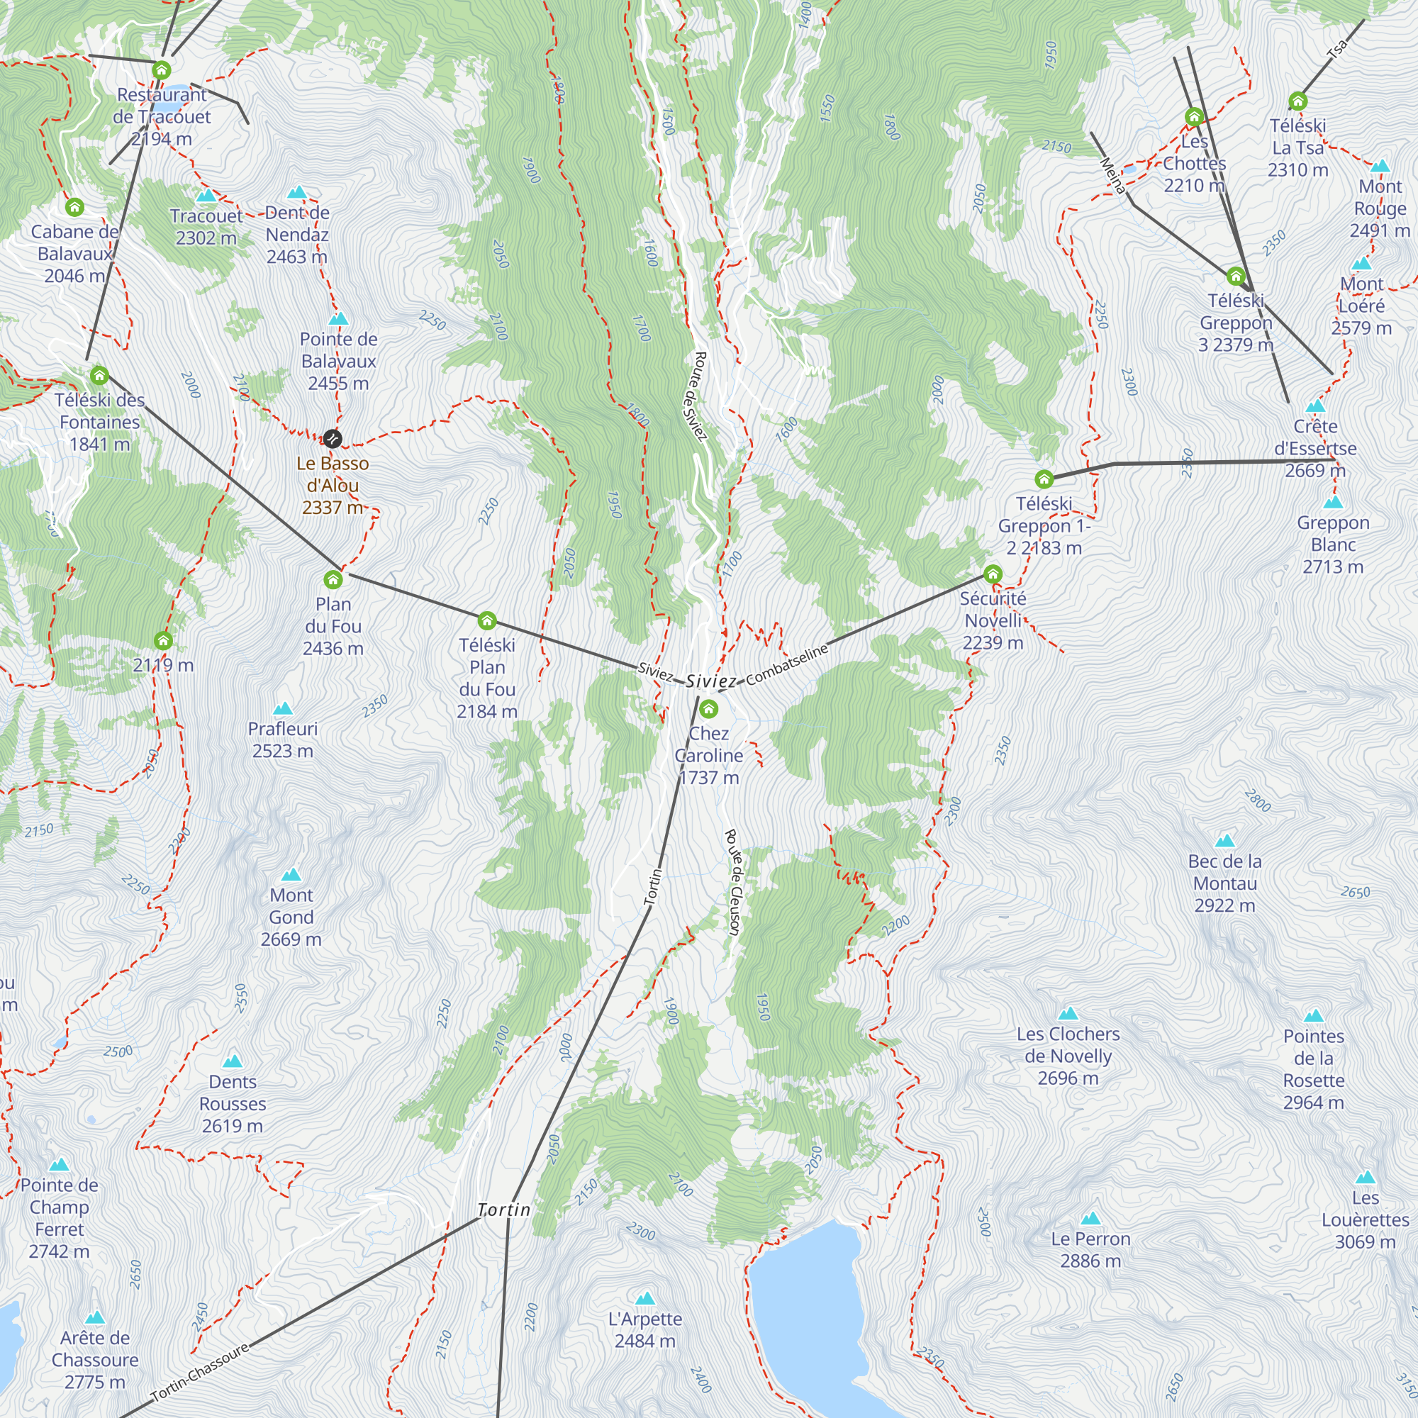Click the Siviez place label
pos(710,681)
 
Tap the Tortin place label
pos(503,1210)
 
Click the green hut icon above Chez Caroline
pos(708,709)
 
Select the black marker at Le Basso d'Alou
pos(333,439)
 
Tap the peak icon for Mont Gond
pos(291,874)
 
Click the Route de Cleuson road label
pos(732,882)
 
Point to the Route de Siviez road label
pos(700,396)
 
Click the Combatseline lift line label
pos(787,664)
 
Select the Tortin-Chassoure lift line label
pos(200,1374)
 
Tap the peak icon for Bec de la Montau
pos(1224,840)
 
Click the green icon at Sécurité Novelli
pos(993,574)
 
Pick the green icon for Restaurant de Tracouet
pos(162,70)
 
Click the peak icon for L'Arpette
pos(644,1298)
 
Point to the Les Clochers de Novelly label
pos(1068,1056)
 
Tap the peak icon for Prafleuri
pos(283,708)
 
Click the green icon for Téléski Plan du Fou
pos(486,622)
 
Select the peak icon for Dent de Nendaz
pos(296,192)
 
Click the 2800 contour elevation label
pos(1257,800)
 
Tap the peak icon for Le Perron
pos(1090,1218)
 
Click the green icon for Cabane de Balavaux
pos(74,208)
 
